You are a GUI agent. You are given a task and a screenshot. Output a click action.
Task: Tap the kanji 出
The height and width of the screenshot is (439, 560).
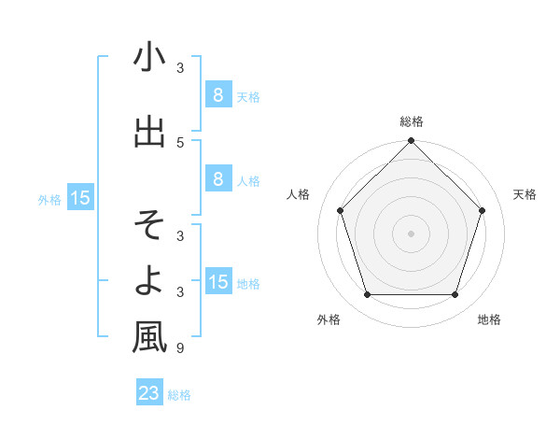[x=149, y=131]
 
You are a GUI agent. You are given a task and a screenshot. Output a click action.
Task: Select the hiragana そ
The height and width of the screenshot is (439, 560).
[x=149, y=225]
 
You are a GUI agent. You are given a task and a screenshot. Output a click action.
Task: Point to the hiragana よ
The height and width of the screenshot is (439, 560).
[x=149, y=278]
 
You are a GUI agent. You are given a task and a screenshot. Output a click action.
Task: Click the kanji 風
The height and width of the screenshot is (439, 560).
[x=149, y=336]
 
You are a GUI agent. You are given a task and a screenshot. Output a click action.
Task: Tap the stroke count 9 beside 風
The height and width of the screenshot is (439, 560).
[x=180, y=348]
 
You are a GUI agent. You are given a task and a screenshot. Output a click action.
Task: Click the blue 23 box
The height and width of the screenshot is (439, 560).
[x=149, y=393]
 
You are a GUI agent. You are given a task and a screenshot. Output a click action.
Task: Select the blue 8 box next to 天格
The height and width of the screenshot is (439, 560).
[x=217, y=95]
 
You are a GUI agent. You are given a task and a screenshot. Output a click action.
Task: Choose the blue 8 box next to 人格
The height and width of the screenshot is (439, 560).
[x=217, y=179]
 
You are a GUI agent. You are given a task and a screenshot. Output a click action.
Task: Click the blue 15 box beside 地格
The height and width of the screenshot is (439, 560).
[x=217, y=282]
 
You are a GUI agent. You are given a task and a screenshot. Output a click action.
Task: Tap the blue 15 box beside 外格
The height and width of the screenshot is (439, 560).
[x=80, y=198]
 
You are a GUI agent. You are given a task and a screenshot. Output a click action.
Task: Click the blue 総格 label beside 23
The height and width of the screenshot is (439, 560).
[x=179, y=395]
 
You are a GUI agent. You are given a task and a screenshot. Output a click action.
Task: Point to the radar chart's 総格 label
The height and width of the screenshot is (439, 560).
[x=411, y=121]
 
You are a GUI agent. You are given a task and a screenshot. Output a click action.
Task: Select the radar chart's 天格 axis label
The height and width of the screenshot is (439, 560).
[x=525, y=194]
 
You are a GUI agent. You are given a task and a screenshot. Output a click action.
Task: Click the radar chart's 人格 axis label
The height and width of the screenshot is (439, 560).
[x=298, y=194]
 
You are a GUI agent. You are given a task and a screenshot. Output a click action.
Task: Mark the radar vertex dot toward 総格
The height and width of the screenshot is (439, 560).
[x=411, y=142]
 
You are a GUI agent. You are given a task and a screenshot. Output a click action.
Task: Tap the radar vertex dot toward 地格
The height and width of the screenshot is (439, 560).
[x=455, y=295]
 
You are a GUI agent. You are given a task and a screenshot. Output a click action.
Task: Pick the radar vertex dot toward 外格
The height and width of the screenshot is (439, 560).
[x=367, y=295]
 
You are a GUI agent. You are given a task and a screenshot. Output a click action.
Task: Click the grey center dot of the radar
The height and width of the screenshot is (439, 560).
[x=411, y=234]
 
